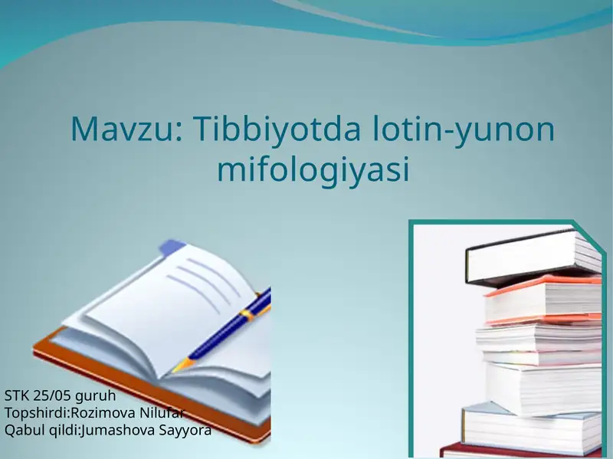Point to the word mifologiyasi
pyautogui.click(x=313, y=169)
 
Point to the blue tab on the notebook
pyautogui.click(x=172, y=248)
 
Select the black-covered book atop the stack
pyautogui.click(x=529, y=257)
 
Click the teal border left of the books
pyautogui.click(x=411, y=337)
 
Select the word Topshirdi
pyautogui.click(x=36, y=413)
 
